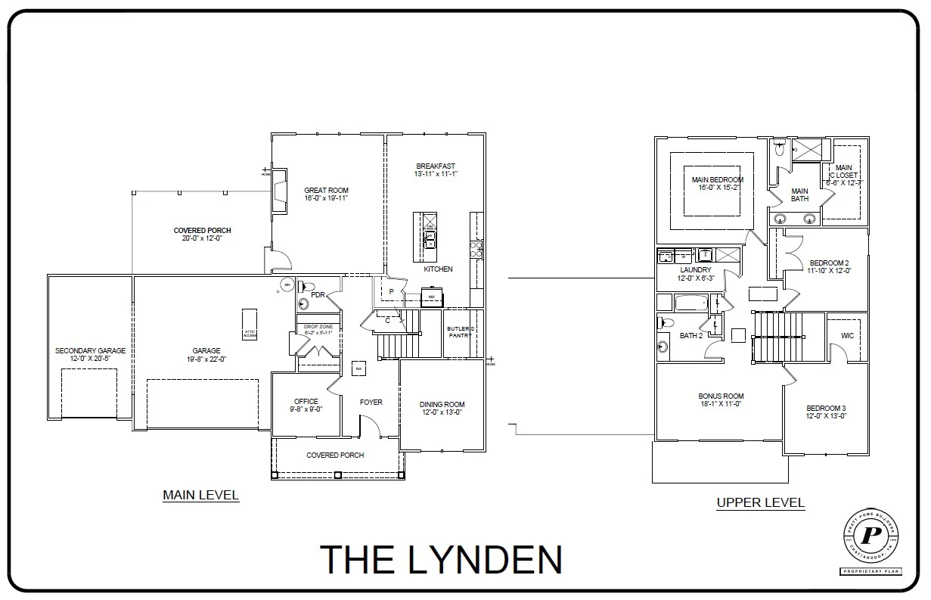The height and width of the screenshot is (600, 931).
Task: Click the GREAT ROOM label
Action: [326, 191]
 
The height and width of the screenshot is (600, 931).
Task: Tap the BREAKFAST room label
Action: [436, 166]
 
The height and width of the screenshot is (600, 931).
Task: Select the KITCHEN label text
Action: [438, 269]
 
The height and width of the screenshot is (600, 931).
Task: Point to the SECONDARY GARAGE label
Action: [90, 351]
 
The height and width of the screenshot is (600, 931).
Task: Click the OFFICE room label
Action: [306, 402]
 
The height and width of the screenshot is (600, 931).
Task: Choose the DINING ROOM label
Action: [442, 405]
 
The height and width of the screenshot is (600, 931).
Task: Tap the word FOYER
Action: [371, 403]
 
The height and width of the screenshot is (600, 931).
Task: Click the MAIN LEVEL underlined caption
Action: [200, 496]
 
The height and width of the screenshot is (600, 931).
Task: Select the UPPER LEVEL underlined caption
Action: [760, 502]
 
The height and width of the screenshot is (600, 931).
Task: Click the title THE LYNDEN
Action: [441, 559]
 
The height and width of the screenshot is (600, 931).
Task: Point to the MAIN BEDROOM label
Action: [717, 180]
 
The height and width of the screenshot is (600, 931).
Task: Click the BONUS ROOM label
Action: [721, 396]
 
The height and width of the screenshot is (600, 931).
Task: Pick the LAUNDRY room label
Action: [695, 270]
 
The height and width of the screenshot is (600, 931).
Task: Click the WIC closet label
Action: [847, 335]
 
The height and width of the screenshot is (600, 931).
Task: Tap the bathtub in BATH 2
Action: [689, 303]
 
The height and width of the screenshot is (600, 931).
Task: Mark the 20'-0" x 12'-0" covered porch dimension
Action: [202, 238]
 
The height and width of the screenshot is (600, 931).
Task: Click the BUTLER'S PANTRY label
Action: [459, 331]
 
